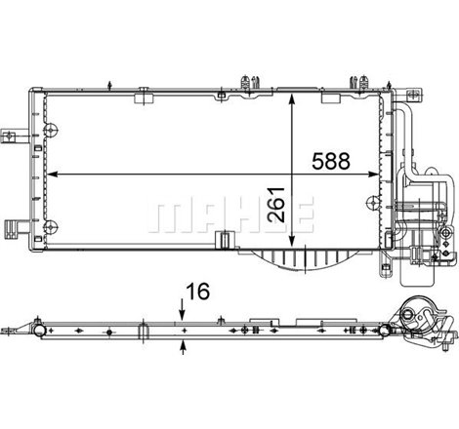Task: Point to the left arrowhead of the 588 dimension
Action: pos(52,174)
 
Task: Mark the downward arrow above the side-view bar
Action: pos(183,313)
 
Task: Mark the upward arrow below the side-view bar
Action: pos(183,342)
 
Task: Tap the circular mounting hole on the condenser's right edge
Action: pos(372,201)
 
